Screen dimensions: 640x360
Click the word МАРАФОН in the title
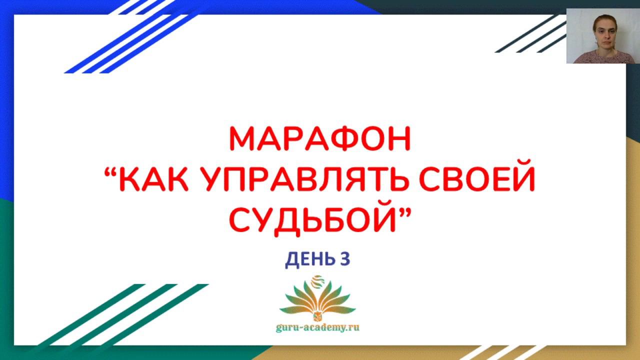coord(320,139)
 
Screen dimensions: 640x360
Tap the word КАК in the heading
coord(153,179)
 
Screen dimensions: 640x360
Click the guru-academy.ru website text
coord(317,327)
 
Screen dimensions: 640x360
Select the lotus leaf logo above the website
coord(317,300)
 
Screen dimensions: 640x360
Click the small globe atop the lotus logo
coord(317,281)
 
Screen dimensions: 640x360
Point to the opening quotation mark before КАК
coord(111,172)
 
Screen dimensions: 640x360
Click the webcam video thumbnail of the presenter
coord(603,36)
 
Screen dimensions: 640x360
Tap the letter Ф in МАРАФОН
coord(345,139)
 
